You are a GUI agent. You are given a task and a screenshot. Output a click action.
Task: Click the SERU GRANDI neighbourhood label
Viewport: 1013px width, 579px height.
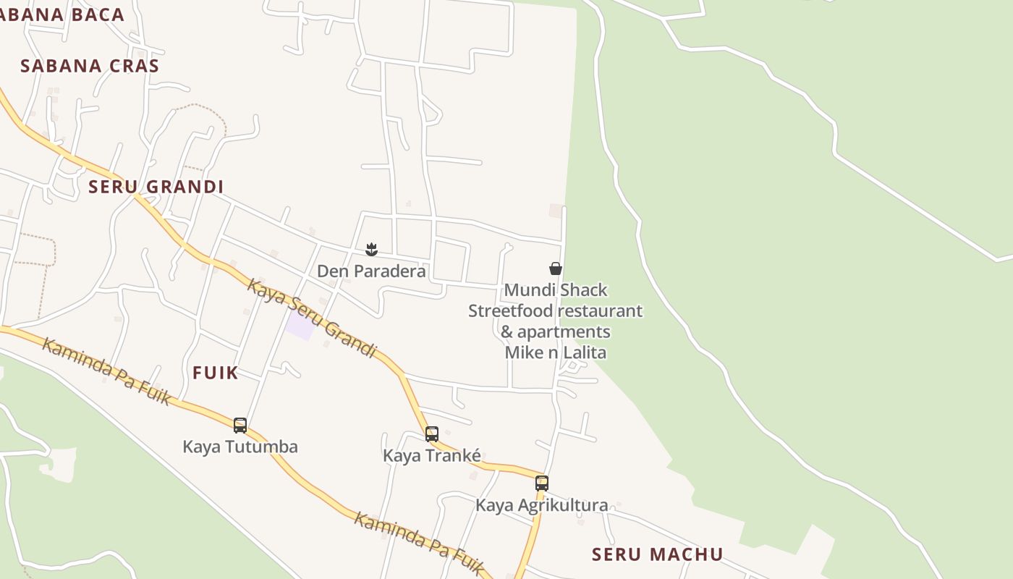(x=156, y=187)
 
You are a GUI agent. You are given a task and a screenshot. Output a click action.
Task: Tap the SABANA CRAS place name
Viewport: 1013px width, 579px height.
(x=90, y=66)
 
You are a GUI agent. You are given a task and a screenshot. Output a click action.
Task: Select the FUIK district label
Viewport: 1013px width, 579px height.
(x=215, y=373)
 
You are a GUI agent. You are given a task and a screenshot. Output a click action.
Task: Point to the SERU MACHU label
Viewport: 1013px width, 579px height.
(x=657, y=554)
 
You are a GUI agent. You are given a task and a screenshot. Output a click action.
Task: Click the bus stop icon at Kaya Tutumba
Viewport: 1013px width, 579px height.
(x=240, y=426)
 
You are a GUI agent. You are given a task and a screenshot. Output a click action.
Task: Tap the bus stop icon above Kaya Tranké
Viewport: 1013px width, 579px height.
(x=432, y=434)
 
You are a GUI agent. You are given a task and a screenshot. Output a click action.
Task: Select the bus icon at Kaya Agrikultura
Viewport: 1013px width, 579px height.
(x=542, y=483)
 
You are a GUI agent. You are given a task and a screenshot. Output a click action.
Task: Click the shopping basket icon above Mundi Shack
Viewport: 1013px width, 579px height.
(x=556, y=269)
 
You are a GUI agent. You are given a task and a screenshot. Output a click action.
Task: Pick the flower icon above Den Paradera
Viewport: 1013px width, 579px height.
(x=371, y=250)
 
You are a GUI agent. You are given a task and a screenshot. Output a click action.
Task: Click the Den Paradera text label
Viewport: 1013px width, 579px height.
(x=371, y=271)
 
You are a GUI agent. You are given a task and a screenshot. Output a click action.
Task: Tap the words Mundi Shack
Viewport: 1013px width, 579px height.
(x=556, y=290)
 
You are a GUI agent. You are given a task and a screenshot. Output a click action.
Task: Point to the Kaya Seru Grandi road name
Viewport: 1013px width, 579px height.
(x=312, y=318)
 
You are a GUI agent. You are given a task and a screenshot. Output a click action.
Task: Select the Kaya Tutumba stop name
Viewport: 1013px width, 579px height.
(x=240, y=447)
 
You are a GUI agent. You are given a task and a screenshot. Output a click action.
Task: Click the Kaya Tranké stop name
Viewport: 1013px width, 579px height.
(x=432, y=456)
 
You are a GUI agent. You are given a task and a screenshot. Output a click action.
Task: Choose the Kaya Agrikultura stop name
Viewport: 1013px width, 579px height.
(x=541, y=505)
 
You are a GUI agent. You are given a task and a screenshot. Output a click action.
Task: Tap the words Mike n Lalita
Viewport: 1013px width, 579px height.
(x=556, y=352)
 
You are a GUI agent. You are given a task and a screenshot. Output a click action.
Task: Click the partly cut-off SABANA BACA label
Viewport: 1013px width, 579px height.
(x=62, y=14)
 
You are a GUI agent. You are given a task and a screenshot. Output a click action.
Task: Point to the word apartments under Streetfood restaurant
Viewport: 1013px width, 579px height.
(x=564, y=332)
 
